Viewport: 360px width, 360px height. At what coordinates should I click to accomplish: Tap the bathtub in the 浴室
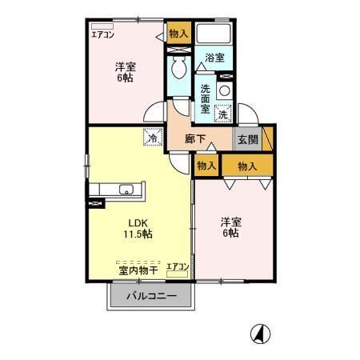(214, 34)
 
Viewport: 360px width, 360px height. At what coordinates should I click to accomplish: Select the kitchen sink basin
(126, 190)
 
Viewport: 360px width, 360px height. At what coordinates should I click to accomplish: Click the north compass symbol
(260, 334)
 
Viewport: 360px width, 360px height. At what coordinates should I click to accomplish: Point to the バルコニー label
(151, 296)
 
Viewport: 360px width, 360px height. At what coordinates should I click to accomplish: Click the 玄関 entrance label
(248, 139)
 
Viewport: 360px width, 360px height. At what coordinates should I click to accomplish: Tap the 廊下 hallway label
(195, 139)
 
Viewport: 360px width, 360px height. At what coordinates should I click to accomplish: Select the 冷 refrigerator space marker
(153, 138)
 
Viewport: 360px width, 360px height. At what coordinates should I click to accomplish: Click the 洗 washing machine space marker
(223, 114)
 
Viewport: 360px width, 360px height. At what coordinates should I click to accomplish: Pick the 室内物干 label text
(138, 270)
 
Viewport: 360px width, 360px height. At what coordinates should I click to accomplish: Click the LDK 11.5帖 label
(138, 229)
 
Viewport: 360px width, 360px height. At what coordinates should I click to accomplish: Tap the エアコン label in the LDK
(178, 266)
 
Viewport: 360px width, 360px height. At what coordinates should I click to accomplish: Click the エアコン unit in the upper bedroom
(102, 26)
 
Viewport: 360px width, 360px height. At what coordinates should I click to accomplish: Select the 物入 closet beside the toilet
(179, 33)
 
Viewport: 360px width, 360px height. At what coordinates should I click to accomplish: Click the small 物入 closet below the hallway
(206, 166)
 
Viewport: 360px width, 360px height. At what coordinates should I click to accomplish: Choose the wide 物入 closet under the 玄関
(247, 166)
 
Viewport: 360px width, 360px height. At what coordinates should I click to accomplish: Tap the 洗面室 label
(206, 98)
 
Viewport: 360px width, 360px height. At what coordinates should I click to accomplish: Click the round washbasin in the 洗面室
(225, 91)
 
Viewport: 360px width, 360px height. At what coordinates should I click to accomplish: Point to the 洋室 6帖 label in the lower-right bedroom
(231, 227)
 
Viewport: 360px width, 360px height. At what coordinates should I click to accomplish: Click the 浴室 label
(215, 58)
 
